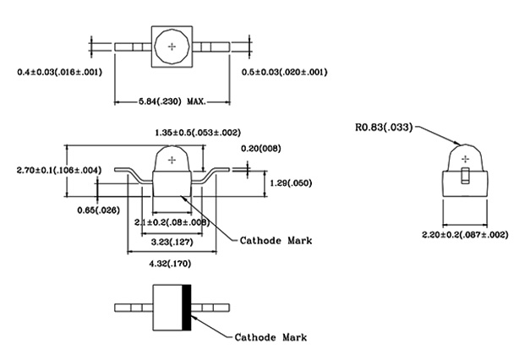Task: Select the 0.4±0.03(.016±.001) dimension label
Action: (x=59, y=72)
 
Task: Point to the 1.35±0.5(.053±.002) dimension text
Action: (x=198, y=132)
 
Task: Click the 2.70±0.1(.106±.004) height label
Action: (x=59, y=170)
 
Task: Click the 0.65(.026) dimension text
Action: (x=97, y=210)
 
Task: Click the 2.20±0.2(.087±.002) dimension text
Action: (x=466, y=234)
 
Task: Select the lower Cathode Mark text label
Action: (x=270, y=337)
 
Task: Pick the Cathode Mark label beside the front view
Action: (x=276, y=240)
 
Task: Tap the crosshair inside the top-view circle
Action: (x=173, y=46)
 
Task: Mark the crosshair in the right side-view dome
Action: (x=464, y=155)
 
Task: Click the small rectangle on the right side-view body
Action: (x=464, y=176)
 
